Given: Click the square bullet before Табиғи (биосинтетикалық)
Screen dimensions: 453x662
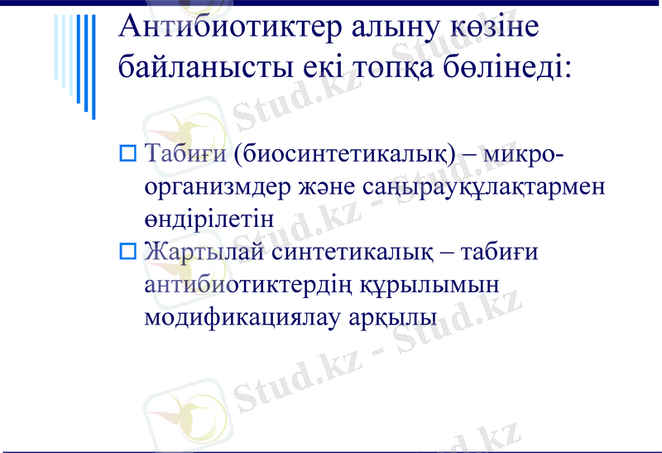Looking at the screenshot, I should pos(127,152).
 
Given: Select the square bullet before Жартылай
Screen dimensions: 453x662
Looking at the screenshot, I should pos(127,249).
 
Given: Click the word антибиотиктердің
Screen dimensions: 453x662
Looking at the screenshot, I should pos(249,283).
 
